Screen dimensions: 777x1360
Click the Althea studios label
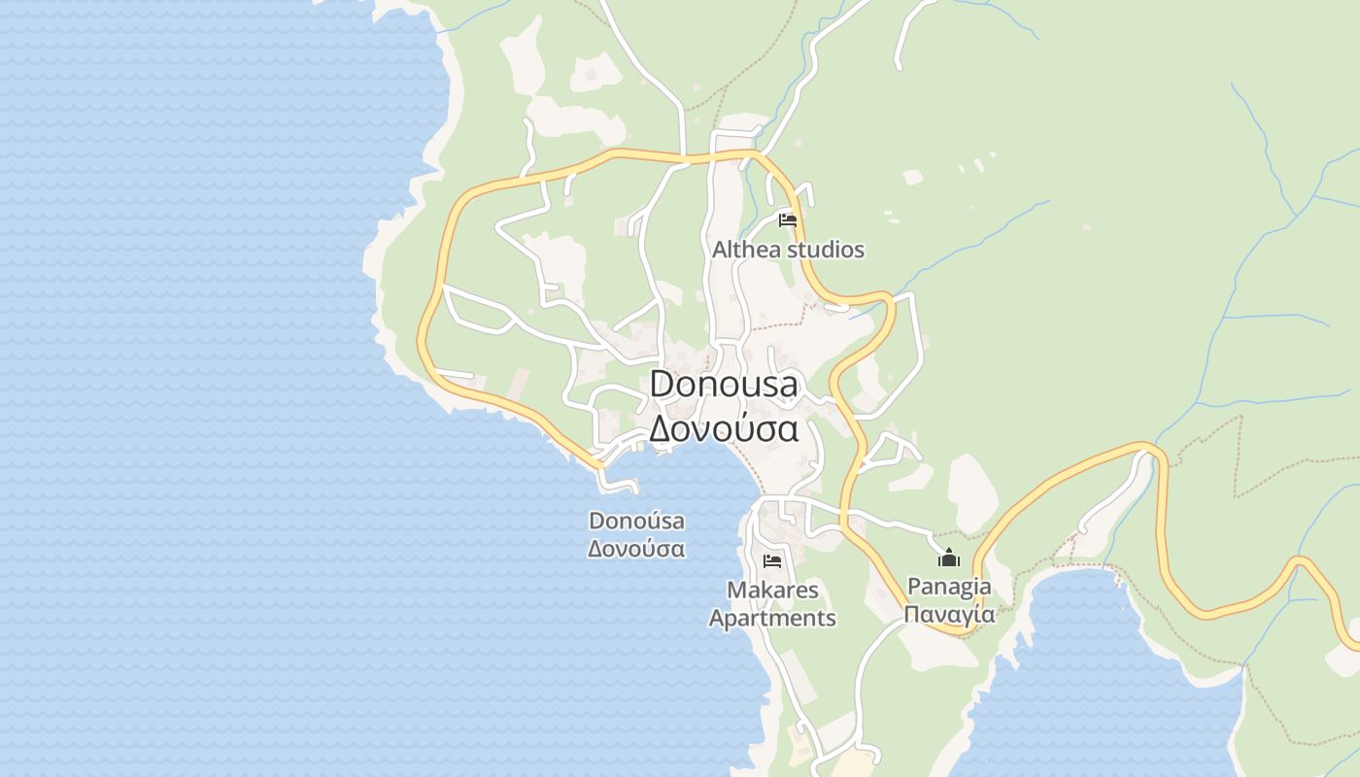point(788,250)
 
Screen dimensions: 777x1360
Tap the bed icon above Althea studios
point(788,220)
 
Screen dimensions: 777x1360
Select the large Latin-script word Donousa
point(724,384)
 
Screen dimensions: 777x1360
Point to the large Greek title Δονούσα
point(724,427)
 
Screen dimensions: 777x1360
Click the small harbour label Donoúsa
point(636,521)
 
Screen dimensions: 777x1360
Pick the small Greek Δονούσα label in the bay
point(636,549)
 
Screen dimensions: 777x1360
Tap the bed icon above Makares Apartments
point(772,561)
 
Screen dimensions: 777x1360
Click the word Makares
point(772,590)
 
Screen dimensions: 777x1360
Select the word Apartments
point(772,618)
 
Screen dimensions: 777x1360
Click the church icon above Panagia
point(949,557)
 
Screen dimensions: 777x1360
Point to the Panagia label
point(949,587)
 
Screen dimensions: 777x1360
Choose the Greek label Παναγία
point(949,614)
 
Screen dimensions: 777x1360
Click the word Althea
point(746,250)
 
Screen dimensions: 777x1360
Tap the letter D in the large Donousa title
point(663,384)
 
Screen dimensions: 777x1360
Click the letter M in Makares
point(735,590)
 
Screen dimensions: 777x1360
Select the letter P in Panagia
point(913,587)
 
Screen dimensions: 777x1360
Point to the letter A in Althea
point(720,250)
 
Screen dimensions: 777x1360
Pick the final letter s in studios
point(859,251)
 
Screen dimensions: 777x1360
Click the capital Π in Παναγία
point(911,614)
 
